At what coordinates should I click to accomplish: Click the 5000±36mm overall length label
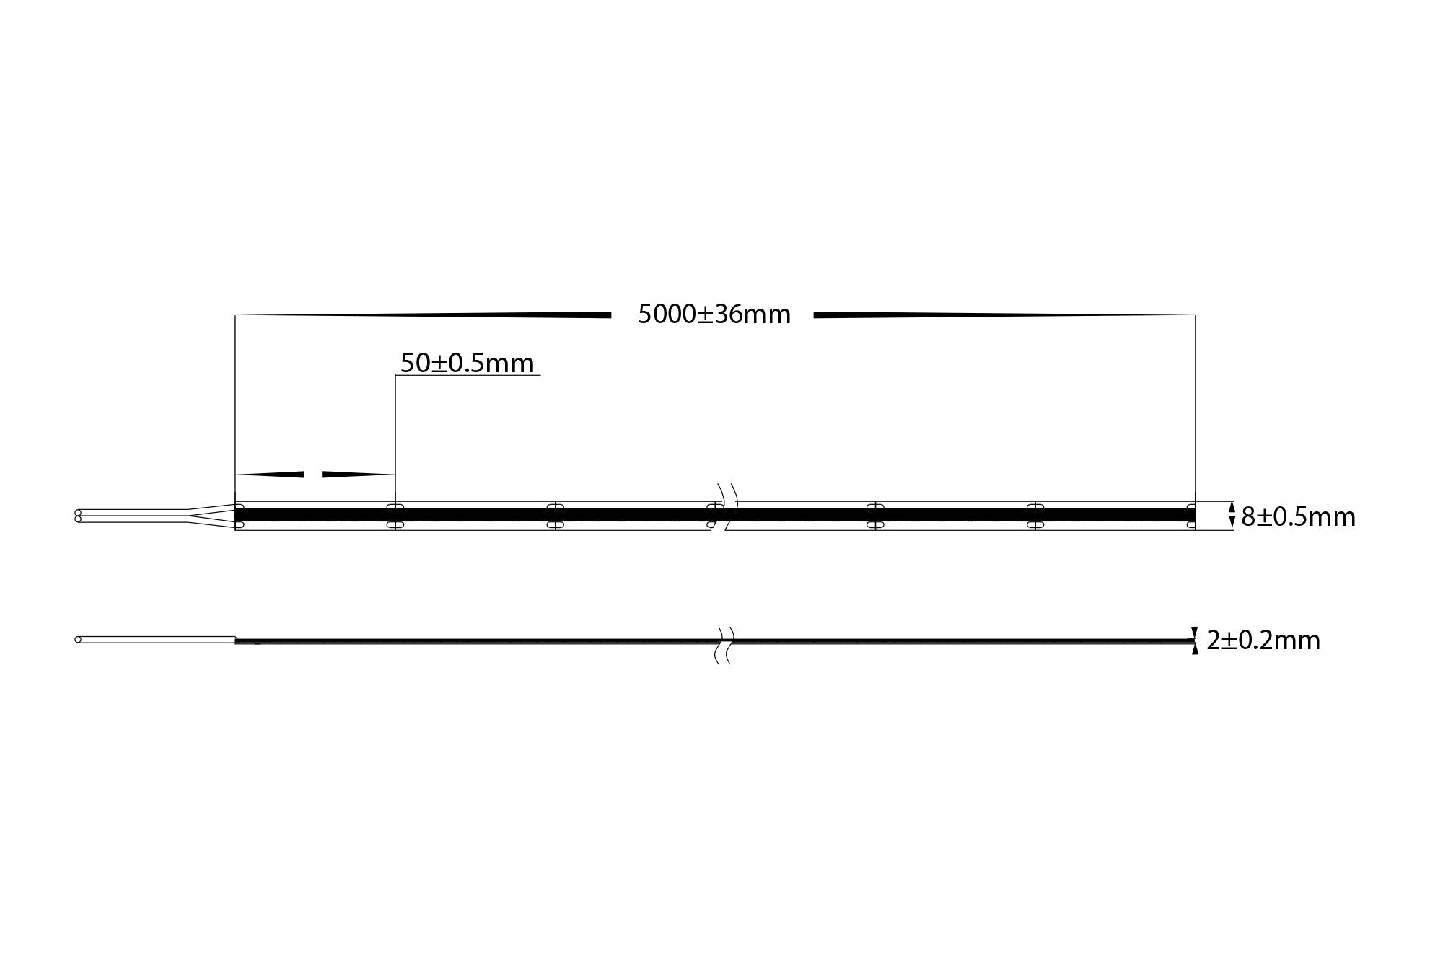pos(714,314)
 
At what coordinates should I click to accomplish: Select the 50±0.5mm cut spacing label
pos(467,363)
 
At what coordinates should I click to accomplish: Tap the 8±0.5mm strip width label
pos(1298,517)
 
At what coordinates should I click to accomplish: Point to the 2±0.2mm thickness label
pos(1263,640)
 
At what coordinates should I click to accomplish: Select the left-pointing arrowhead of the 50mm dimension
pos(271,474)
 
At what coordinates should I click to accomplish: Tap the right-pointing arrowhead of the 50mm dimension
pos(357,474)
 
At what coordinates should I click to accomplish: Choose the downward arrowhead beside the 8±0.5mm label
pos(1232,522)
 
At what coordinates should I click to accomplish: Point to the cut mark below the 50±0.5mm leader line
pos(395,516)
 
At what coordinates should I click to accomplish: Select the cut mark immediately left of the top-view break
pos(555,516)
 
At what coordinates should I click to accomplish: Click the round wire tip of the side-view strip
pos(78,640)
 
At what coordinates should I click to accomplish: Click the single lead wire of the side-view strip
pos(155,640)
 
